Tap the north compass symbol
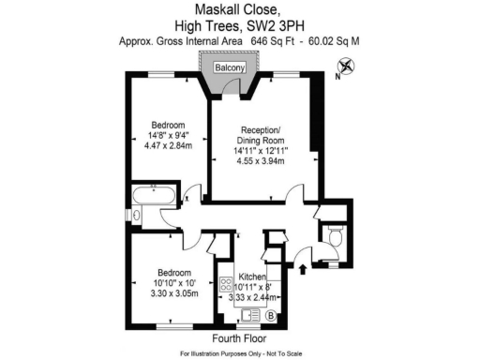coord(347,67)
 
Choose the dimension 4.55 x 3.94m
coord(265,161)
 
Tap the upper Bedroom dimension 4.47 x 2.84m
coord(170,145)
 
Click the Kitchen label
coord(253,277)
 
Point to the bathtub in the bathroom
coord(154,197)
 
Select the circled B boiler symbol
coord(271,316)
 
